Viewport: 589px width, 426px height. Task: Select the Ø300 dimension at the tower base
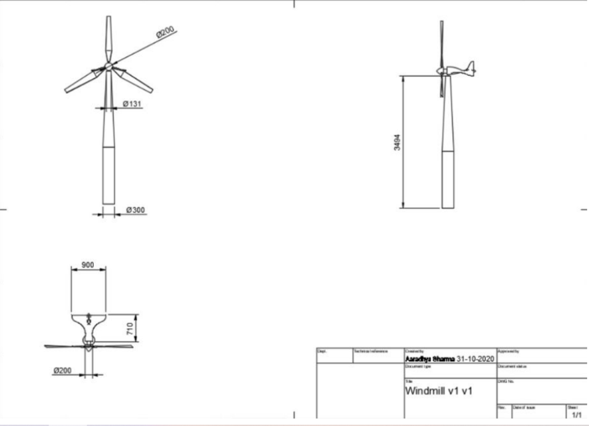point(136,210)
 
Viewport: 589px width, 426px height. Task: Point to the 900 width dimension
point(88,264)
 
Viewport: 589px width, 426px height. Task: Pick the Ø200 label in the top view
point(63,369)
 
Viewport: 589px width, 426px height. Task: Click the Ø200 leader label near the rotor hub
point(165,32)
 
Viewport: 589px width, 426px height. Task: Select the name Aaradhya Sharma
point(430,359)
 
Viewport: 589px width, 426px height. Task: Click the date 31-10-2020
point(475,359)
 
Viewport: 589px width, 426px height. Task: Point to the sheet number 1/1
point(576,414)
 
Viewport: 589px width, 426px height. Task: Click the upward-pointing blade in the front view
point(109,37)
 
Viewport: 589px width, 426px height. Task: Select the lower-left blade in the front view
point(83,81)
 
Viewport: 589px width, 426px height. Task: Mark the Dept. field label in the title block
point(321,350)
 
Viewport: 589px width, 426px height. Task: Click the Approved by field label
point(508,350)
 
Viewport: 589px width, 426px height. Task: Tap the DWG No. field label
point(504,381)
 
